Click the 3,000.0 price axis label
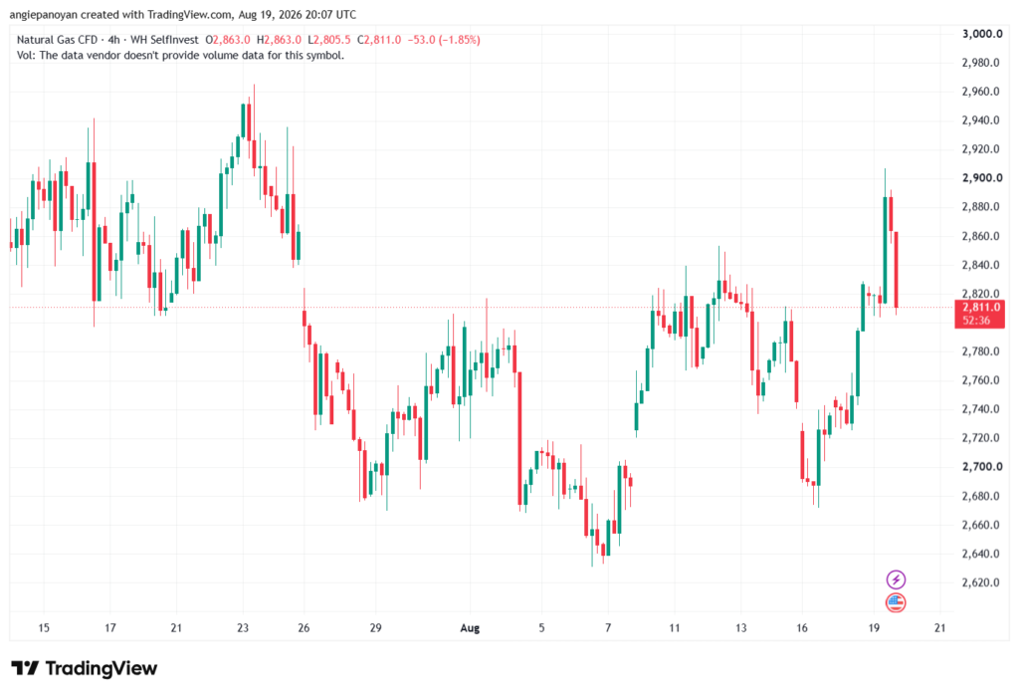coord(982,34)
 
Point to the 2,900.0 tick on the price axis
coord(982,178)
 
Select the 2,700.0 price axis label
coord(982,467)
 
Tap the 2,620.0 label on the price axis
coord(980,582)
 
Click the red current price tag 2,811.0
coord(980,314)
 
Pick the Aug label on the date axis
coord(470,628)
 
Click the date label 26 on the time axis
coord(304,628)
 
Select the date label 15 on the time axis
coord(44,628)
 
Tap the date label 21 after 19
coord(939,628)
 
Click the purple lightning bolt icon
coord(896,579)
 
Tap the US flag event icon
coord(896,602)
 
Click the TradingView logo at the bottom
coord(85,668)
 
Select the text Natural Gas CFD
coord(57,40)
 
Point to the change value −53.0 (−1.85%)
coord(444,40)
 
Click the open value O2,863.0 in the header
coord(228,40)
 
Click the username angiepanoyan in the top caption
coord(44,14)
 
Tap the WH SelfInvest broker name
coord(164,40)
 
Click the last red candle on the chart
coord(897,269)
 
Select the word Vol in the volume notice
coord(25,56)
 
